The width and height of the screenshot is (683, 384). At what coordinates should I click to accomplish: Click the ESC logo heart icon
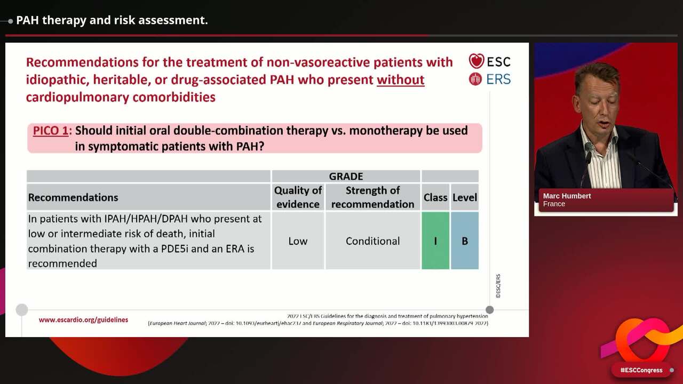pos(476,61)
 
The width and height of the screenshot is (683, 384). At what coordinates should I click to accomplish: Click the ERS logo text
pos(498,79)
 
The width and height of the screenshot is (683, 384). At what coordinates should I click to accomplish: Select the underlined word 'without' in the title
pos(400,80)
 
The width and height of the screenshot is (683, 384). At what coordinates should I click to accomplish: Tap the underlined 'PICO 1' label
pos(51,131)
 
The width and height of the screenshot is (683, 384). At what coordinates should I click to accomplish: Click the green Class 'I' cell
pos(435,241)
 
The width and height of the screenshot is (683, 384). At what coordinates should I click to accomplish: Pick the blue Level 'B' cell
pos(465,241)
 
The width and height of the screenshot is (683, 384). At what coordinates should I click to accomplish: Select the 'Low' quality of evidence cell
pos(298,241)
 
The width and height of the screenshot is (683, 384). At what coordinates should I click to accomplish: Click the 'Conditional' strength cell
pos(372,241)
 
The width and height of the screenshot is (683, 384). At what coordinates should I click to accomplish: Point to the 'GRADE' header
pos(346,177)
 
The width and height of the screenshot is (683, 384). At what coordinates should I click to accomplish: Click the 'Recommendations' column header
pos(73,197)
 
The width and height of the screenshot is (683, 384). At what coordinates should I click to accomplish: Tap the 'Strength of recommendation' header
pos(372,197)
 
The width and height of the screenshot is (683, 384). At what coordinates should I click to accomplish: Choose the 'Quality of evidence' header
pos(298,197)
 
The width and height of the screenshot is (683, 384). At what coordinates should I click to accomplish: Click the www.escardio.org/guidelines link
pos(83,320)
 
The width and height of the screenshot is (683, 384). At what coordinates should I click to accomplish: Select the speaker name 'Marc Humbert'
pos(567,196)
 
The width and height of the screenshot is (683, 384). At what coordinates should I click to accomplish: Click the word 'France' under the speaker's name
pos(554,204)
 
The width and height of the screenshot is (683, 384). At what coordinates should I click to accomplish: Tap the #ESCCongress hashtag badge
pos(641,370)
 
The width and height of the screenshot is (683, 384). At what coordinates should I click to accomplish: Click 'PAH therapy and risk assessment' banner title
pos(112,20)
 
